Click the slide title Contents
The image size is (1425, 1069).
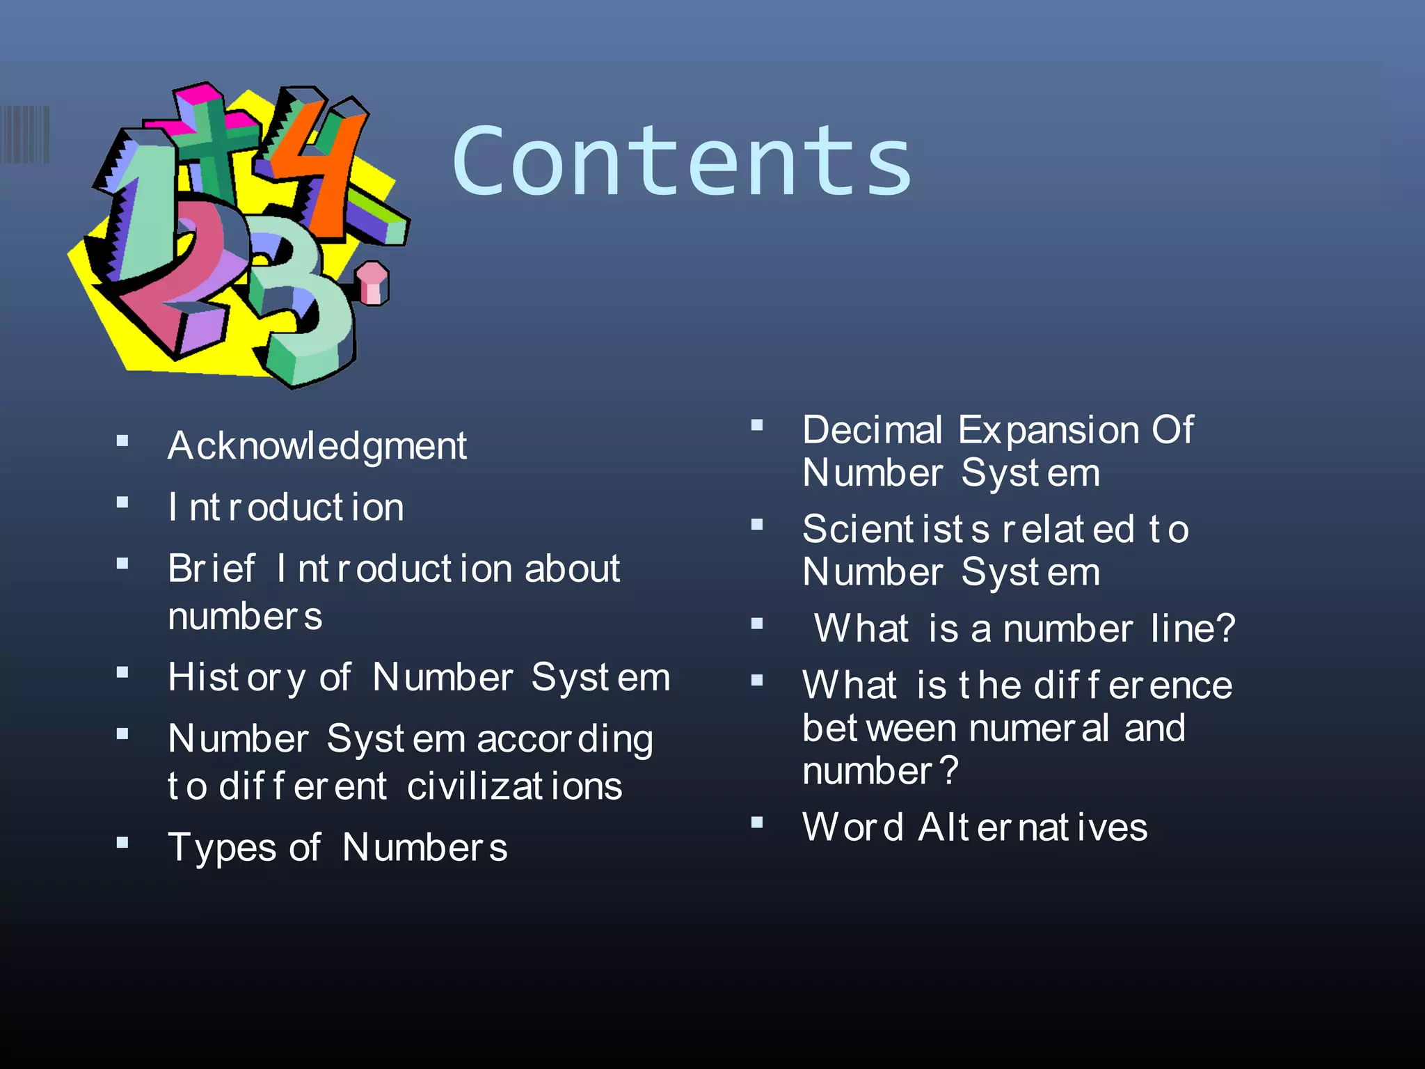682,161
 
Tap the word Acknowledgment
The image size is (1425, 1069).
317,446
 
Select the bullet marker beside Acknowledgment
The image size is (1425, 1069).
123,441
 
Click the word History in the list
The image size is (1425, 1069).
237,677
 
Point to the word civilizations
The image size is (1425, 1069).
514,787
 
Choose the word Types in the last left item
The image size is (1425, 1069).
223,848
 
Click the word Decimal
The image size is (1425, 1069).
873,430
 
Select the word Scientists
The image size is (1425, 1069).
895,530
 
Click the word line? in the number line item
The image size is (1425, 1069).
1193,628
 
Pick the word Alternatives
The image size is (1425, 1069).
1033,828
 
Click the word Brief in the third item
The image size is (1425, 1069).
212,569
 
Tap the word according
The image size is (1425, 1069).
565,740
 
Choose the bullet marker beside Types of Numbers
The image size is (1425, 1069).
123,843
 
